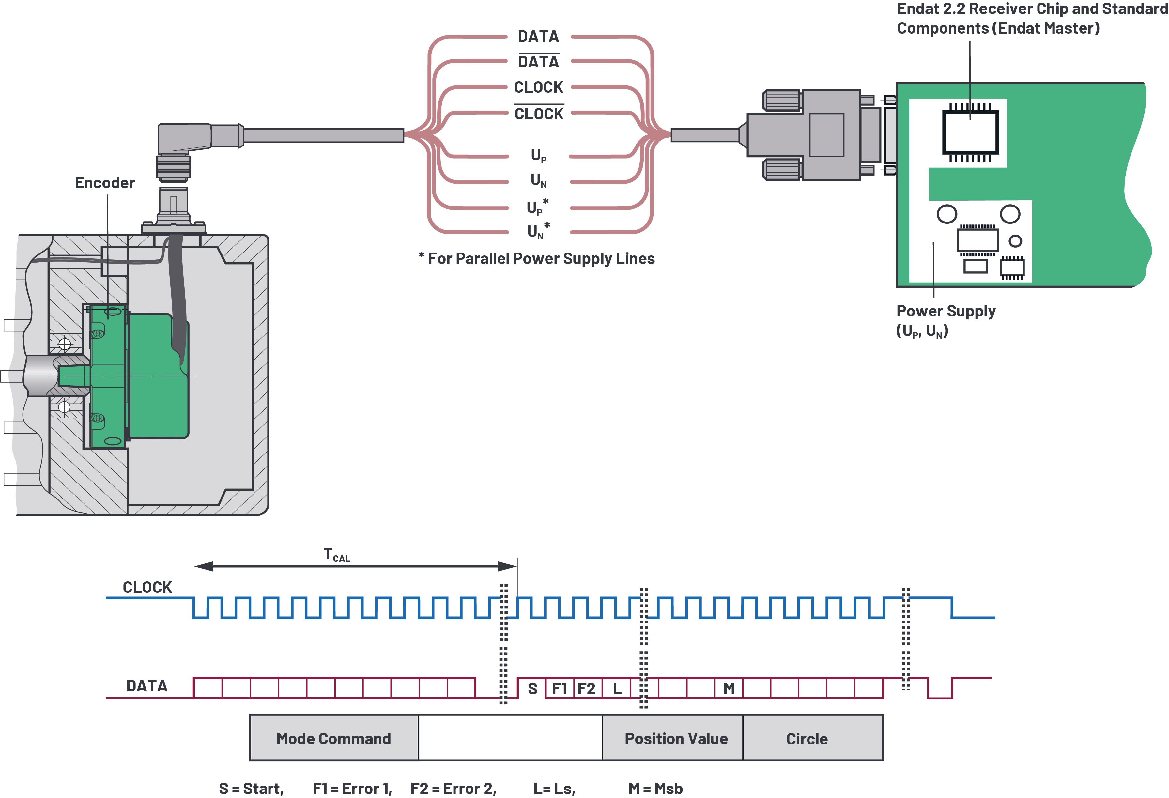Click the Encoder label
[105, 182]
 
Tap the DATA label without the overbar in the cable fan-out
[538, 36]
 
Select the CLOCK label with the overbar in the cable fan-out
[539, 114]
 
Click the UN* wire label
[538, 231]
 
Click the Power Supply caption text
[946, 311]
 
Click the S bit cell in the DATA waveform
[532, 688]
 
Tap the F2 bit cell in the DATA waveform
[587, 688]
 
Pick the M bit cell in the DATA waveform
[728, 688]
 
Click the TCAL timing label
[336, 555]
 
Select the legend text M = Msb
[655, 788]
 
